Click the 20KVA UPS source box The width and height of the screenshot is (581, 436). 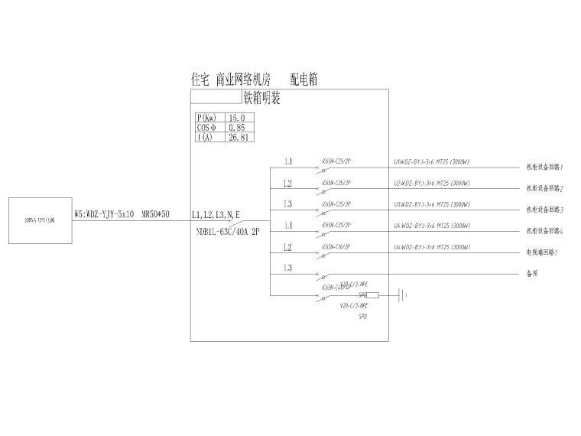39,220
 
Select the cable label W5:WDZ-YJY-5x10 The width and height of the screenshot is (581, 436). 105,215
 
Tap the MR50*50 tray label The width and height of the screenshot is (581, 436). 155,215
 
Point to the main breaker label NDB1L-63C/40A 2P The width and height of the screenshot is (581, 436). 228,229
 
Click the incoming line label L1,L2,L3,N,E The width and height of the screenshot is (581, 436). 216,215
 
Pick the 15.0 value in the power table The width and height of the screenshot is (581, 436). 236,118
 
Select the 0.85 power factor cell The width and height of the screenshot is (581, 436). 236,128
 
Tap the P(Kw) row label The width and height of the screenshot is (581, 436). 206,118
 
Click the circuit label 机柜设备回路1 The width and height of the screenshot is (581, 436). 544,168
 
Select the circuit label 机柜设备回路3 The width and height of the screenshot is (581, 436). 544,210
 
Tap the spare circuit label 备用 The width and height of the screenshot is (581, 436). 533,273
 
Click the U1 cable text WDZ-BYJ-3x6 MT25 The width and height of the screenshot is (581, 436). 431,162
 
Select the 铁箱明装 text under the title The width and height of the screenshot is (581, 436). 261,98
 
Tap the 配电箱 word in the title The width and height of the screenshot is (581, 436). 303,79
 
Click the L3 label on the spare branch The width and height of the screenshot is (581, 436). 287,268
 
